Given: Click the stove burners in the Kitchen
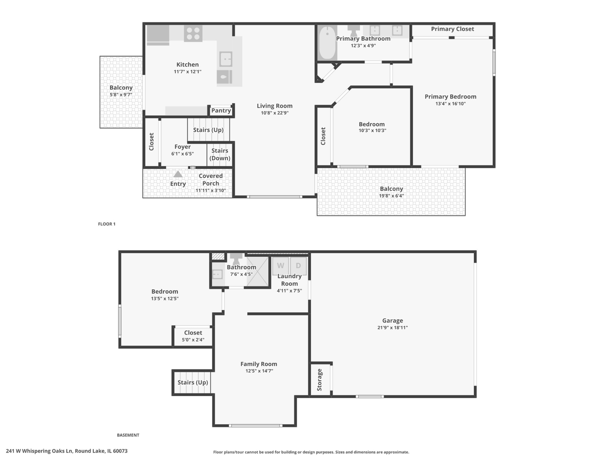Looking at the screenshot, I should (193, 34).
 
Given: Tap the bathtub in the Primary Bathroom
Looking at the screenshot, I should (327, 43).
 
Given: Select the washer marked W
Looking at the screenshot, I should (280, 266).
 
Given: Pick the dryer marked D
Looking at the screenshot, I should (298, 266).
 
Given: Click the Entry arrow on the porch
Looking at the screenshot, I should (178, 174).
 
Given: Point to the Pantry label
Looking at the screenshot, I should (221, 110).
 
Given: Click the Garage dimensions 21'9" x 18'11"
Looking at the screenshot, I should (392, 328).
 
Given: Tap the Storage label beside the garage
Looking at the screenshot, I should (320, 380).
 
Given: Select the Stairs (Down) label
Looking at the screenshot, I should (220, 154).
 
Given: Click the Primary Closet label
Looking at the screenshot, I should (452, 29).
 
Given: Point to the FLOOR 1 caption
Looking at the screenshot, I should (107, 224).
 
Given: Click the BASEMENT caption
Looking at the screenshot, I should (128, 435).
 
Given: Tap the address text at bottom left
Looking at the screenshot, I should (67, 451).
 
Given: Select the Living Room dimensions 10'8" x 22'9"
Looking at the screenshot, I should (274, 113).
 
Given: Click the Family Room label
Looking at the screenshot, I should (258, 364).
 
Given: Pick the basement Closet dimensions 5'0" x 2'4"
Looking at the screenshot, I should (193, 340).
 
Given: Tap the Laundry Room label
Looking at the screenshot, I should (289, 280).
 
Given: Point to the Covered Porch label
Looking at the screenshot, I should (210, 179).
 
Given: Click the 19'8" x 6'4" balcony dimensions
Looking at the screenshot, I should (391, 196).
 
